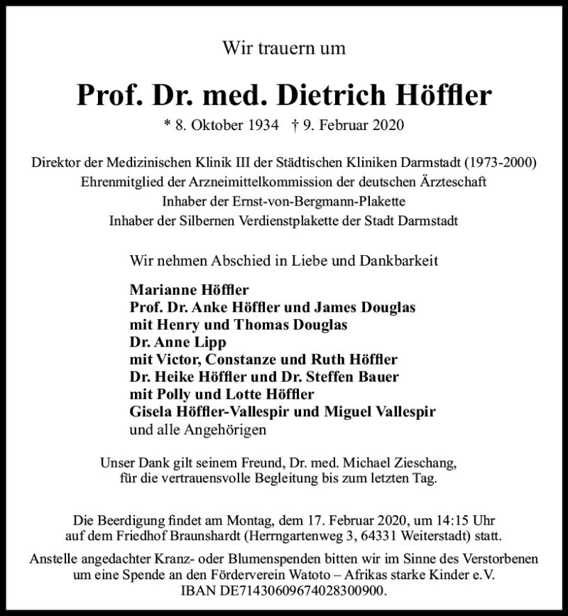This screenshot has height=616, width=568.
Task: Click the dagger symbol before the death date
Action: click(x=295, y=126)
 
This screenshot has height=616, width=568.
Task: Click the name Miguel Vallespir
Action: click(x=379, y=411)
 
